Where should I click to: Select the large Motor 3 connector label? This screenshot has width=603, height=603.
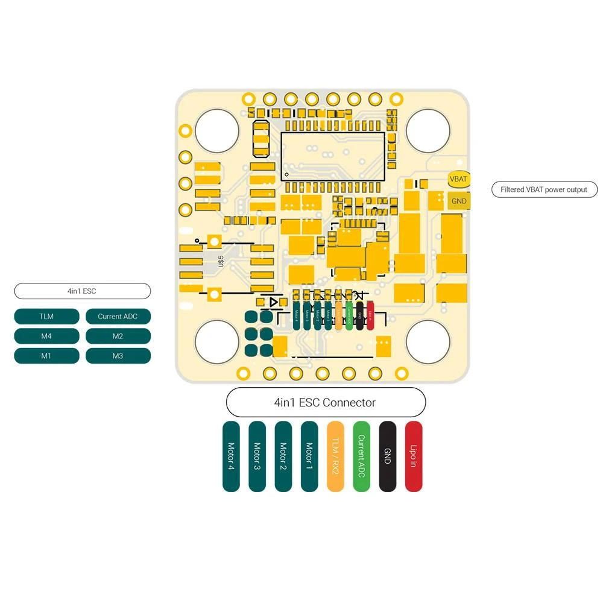(257, 456)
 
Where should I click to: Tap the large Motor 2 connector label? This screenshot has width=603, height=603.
(283, 456)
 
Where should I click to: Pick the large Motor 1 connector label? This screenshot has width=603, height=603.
(309, 456)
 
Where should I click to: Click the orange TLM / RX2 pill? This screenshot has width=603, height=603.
(335, 456)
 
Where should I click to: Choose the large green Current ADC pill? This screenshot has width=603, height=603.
(361, 456)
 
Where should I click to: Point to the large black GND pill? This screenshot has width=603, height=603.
(388, 456)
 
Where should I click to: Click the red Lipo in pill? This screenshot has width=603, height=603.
(414, 456)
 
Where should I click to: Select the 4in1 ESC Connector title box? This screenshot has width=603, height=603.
(326, 402)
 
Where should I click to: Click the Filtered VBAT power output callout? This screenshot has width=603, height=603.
(544, 189)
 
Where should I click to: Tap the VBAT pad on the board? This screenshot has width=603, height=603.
(458, 179)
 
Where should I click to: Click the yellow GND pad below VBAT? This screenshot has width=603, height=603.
(458, 201)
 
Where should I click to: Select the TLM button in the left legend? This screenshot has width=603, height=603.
(46, 317)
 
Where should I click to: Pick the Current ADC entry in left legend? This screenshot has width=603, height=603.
(118, 317)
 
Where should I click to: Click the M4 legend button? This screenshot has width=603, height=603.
(46, 336)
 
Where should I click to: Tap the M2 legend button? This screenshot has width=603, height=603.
(118, 336)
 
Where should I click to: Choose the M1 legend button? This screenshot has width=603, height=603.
(46, 356)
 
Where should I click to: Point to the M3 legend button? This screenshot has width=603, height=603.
(118, 356)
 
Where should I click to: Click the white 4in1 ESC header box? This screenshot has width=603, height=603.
(82, 291)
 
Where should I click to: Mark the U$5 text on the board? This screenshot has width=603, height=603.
(221, 261)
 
